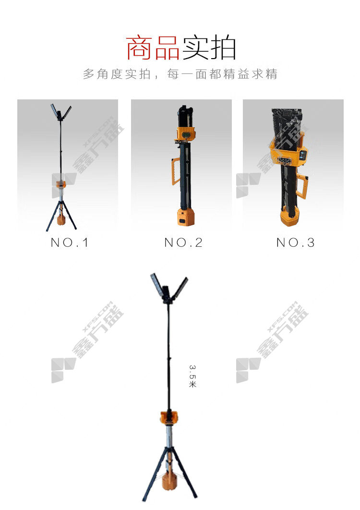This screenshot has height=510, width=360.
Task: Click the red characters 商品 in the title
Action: click(x=153, y=48)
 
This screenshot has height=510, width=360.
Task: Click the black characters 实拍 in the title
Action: click(x=209, y=48)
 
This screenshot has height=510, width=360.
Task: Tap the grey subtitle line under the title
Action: click(x=180, y=74)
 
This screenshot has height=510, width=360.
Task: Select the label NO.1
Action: click(x=69, y=243)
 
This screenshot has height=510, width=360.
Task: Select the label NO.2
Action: click(x=183, y=243)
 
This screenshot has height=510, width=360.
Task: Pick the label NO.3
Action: click(x=295, y=243)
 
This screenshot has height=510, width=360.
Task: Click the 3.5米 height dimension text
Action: click(x=192, y=376)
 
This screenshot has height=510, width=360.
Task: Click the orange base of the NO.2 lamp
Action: click(x=186, y=217)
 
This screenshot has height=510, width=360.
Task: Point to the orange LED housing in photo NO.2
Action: click(x=185, y=134)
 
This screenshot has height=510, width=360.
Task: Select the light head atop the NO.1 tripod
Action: click(x=61, y=112)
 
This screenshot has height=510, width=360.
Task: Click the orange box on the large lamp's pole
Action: click(x=169, y=417)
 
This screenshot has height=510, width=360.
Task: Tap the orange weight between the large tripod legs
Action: click(x=169, y=481)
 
